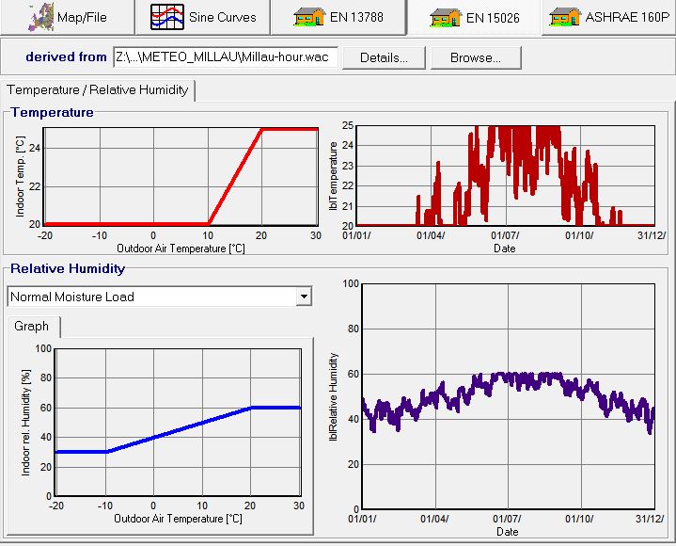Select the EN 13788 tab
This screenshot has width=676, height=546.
pyautogui.click(x=339, y=17)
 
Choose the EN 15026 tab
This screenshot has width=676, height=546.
pyautogui.click(x=475, y=17)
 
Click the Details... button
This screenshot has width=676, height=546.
pyautogui.click(x=383, y=57)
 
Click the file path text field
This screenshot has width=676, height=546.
pyautogui.click(x=223, y=57)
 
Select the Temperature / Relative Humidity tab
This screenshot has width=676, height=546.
pyautogui.click(x=98, y=90)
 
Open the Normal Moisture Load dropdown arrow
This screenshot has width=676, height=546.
pyautogui.click(x=303, y=297)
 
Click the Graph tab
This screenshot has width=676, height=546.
pyautogui.click(x=32, y=327)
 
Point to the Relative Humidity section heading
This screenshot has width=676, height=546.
pyautogui.click(x=68, y=268)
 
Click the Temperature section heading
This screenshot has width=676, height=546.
pyautogui.click(x=53, y=112)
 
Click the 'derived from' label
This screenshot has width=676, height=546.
pyautogui.click(x=66, y=57)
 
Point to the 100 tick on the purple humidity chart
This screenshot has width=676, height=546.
pyautogui.click(x=351, y=283)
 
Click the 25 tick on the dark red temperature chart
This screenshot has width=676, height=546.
pyautogui.click(x=347, y=126)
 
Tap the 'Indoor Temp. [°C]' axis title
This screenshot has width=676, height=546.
pyautogui.click(x=21, y=176)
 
